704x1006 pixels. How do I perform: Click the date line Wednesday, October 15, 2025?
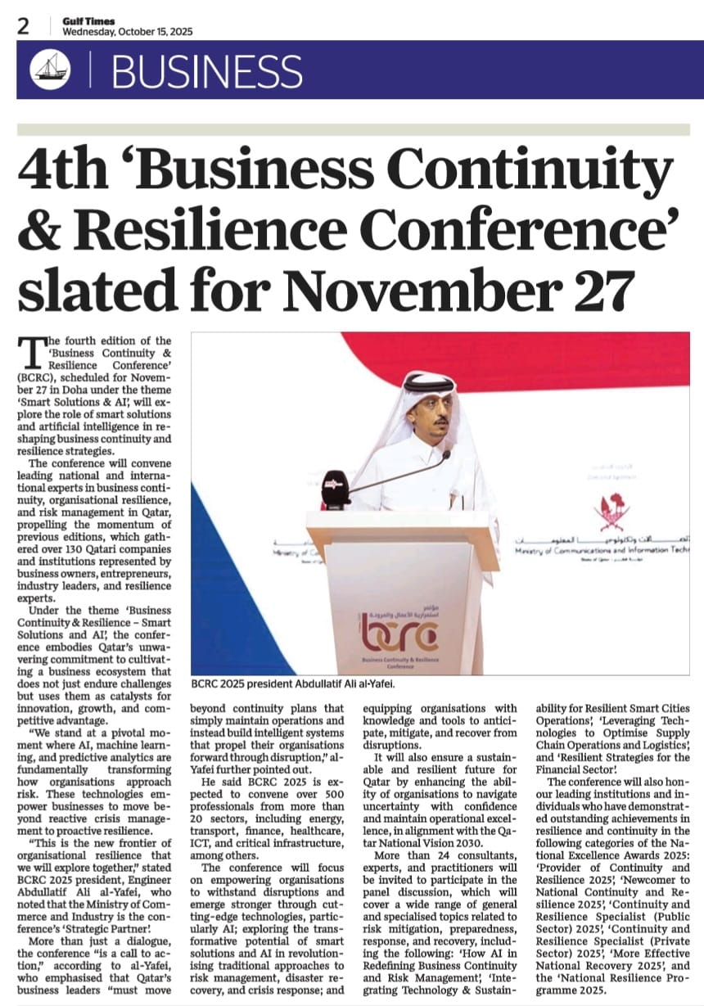click(x=127, y=32)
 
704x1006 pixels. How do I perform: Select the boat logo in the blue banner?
click(x=50, y=70)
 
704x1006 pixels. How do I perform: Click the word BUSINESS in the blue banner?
click(x=207, y=72)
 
